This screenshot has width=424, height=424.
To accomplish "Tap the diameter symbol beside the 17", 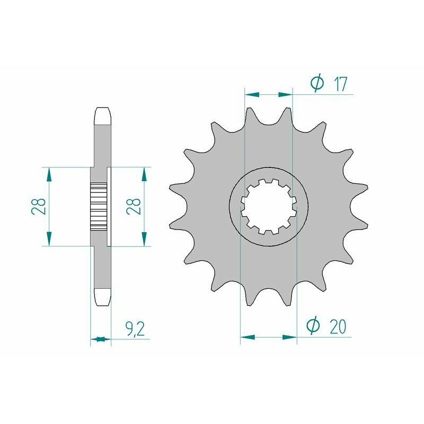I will point(316,84).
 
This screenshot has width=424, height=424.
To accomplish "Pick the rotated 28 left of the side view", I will point(38,207).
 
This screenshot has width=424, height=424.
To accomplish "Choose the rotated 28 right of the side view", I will point(133,207).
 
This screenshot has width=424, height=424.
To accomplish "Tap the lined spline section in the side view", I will point(99,206).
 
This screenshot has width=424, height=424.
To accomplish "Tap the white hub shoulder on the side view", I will point(110,206).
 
